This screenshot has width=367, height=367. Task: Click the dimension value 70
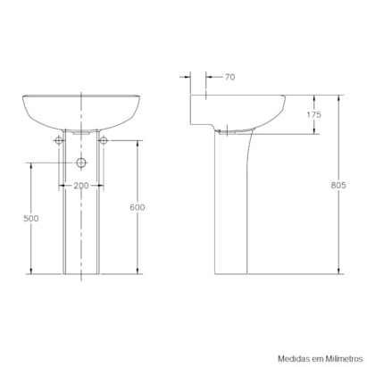(229, 77)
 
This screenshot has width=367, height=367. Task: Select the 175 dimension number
(314, 114)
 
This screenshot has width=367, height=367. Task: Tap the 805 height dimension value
(338, 185)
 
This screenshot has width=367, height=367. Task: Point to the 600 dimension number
(138, 207)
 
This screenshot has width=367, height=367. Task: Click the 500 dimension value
(31, 219)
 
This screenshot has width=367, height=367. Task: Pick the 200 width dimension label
(81, 186)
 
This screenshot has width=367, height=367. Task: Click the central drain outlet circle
(81, 163)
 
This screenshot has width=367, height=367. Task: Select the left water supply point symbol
(59, 140)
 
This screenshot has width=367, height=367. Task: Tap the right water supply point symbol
(104, 140)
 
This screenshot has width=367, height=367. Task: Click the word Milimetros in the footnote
(344, 359)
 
